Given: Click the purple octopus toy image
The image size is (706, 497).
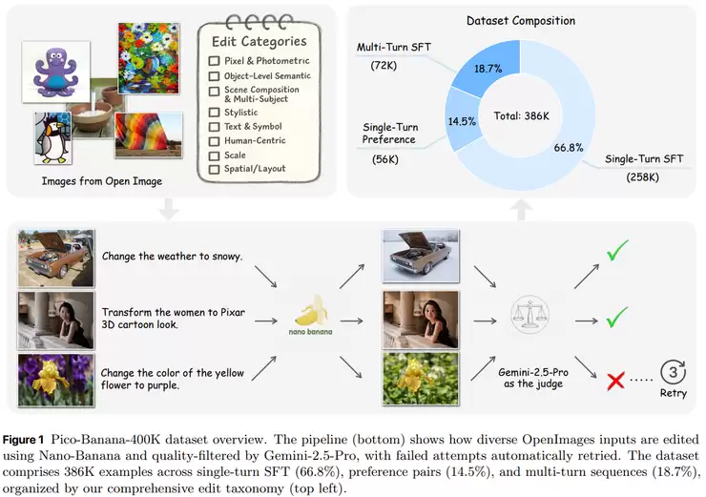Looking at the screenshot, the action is tap(56, 72).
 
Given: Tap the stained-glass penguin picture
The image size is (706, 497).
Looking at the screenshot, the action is tap(53, 137).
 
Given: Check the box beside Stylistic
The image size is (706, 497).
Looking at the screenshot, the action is tap(215, 113).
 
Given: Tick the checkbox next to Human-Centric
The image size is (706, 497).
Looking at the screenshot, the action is tap(215, 141).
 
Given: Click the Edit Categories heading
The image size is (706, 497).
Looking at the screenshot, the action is tap(260, 41).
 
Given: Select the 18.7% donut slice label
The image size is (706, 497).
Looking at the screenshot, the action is tap(488, 69).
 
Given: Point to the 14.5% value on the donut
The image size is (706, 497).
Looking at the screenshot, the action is tap(462, 121).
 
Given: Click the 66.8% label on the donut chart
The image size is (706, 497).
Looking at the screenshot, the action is tap(569, 148).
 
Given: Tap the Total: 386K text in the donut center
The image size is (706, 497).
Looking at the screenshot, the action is tap(522, 116).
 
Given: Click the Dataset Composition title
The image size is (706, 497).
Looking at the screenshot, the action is tap(521, 21).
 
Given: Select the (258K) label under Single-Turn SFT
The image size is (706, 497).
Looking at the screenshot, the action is tap(642, 177).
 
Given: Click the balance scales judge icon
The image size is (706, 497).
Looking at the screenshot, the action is tap(529, 315).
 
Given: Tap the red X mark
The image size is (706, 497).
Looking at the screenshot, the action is tap(615, 381).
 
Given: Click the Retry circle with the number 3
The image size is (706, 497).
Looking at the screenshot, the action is tap(674, 372).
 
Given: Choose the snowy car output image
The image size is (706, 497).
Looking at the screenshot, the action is tap(421, 257).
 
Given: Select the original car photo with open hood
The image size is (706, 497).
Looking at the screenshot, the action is tap(56, 259).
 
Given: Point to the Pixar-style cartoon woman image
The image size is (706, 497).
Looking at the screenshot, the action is tap(421, 320).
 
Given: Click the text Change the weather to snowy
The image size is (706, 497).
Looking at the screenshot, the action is tap(173, 257).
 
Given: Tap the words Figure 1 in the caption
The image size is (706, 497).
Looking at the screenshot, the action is tap(24, 440).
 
